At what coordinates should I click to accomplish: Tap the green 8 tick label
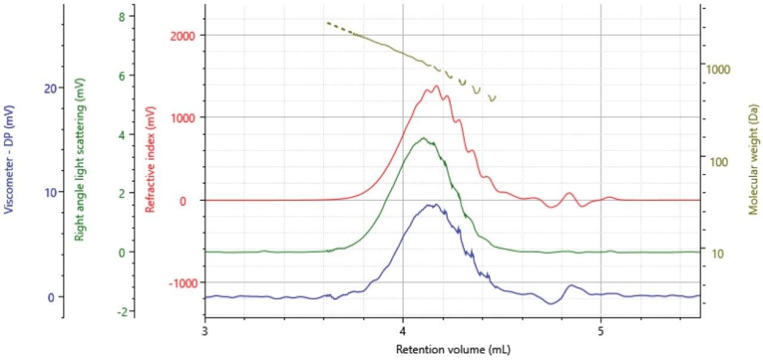click(122, 17)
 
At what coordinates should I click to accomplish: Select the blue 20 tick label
click(50, 88)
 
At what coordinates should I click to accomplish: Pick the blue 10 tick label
click(50, 193)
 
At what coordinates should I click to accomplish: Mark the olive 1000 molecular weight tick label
click(718, 69)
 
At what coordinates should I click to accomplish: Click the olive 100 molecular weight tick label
click(716, 162)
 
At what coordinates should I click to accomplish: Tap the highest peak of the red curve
click(436, 86)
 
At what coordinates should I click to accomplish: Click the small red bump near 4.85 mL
click(569, 193)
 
